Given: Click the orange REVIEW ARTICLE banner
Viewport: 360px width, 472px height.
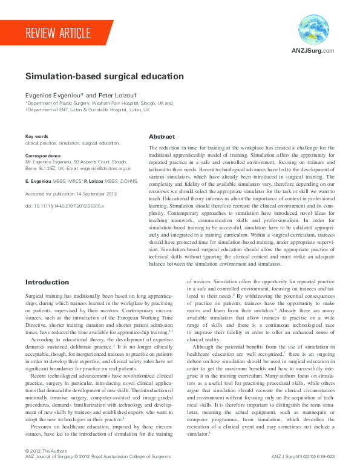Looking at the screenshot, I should pos(57,33).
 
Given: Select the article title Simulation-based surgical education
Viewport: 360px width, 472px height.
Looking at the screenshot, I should pos(105,77).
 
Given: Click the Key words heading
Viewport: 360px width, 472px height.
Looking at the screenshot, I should pos(37,137).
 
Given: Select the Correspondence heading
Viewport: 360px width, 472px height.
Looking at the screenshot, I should pos(45,156).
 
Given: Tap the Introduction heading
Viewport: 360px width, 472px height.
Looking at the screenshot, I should pos(47,282).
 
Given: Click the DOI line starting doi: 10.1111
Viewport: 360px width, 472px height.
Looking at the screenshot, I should pos(64,206).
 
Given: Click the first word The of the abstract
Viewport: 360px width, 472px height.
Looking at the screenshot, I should pos(153,148).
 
